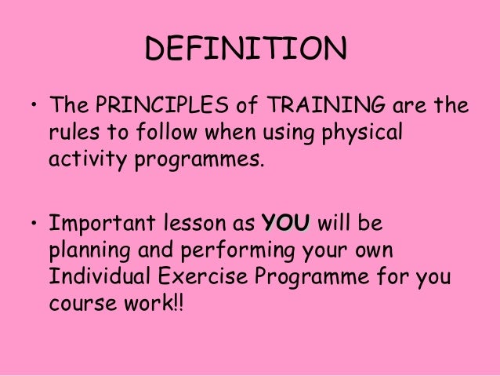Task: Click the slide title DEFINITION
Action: point(245,51)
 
